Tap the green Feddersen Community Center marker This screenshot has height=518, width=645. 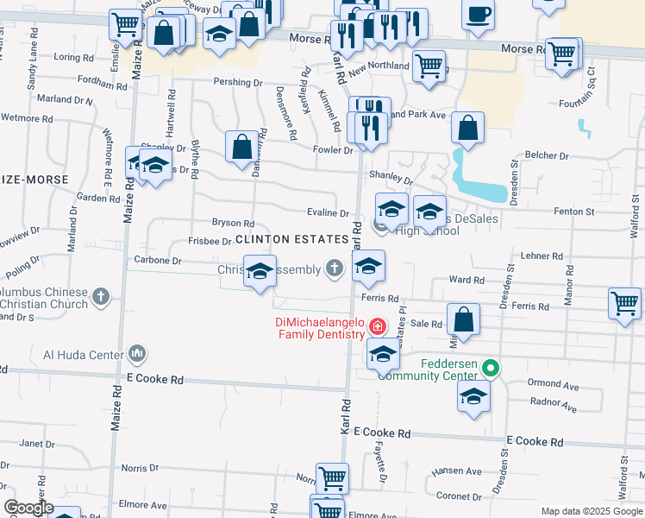(x=491, y=369)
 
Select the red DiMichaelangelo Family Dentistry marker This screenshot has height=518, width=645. (x=377, y=326)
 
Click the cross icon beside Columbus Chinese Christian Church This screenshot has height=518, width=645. (x=101, y=298)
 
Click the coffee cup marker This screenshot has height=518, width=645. (x=478, y=15)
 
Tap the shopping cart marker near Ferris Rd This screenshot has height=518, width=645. (x=624, y=303)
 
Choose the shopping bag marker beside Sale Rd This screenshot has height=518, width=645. (x=464, y=318)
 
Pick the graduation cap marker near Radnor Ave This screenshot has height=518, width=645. (x=473, y=396)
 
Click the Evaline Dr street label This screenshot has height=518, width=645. (x=328, y=213)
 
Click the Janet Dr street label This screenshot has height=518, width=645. (x=36, y=444)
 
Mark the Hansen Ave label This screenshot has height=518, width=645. (x=462, y=471)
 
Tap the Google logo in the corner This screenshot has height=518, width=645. (x=28, y=508)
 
